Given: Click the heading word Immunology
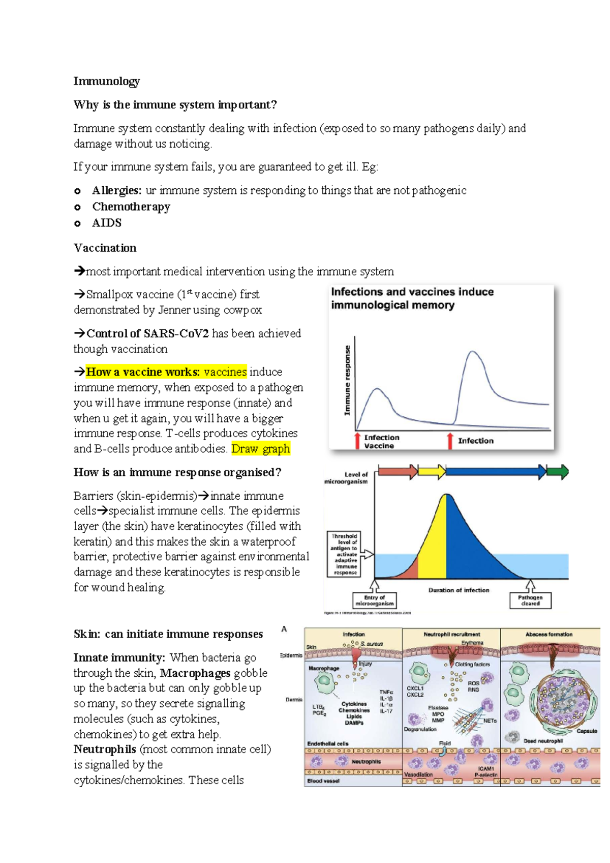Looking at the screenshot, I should coord(106,81).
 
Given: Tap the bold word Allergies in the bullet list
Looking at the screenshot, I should coord(116,190).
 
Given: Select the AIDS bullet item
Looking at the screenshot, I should coord(107,223).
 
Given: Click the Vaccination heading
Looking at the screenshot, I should coord(105,248).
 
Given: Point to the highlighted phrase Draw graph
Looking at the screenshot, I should coord(261,449).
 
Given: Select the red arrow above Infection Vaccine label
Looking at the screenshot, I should coord(358,441).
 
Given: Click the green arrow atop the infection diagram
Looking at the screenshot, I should coord(558,472).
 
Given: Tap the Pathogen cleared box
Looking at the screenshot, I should coord(530,601).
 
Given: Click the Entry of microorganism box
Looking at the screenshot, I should coord(375,601).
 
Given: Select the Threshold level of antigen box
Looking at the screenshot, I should coord(345,554).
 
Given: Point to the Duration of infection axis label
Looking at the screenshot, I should coord(459,590).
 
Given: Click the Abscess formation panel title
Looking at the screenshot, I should coord(548,635).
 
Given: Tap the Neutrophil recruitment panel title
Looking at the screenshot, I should coord(451,635).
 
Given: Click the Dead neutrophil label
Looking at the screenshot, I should coord(543,741).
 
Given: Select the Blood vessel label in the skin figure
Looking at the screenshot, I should coord(323,781).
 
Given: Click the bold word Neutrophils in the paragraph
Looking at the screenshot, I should coord(105,750).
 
